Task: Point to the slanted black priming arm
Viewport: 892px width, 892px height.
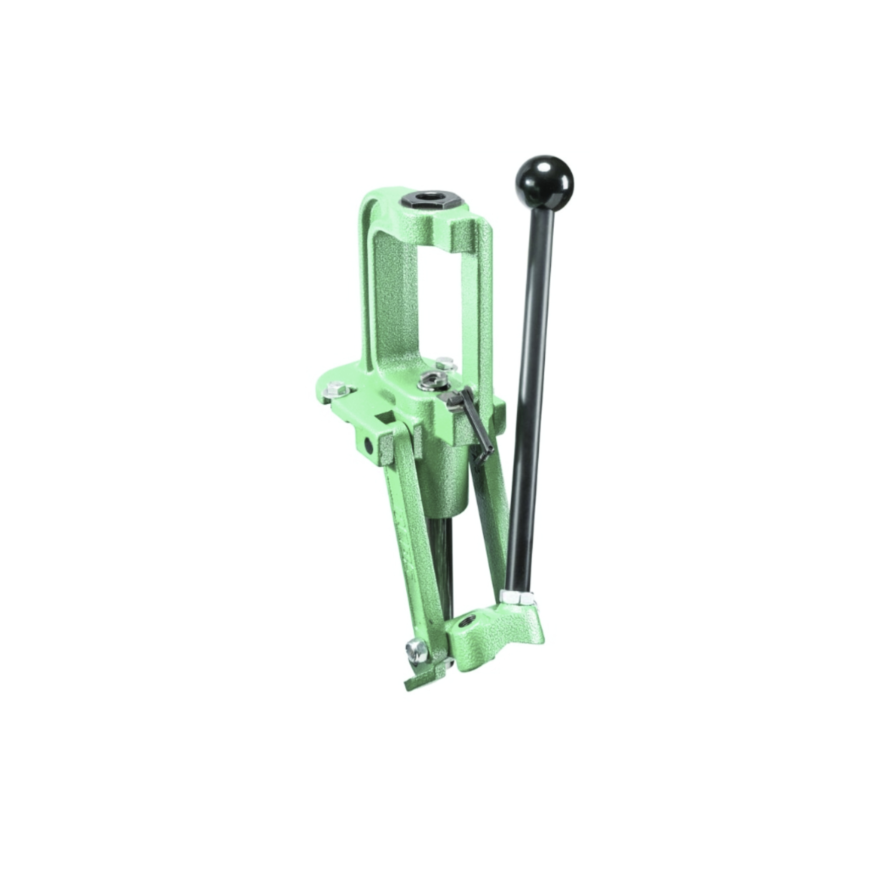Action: [468, 425]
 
